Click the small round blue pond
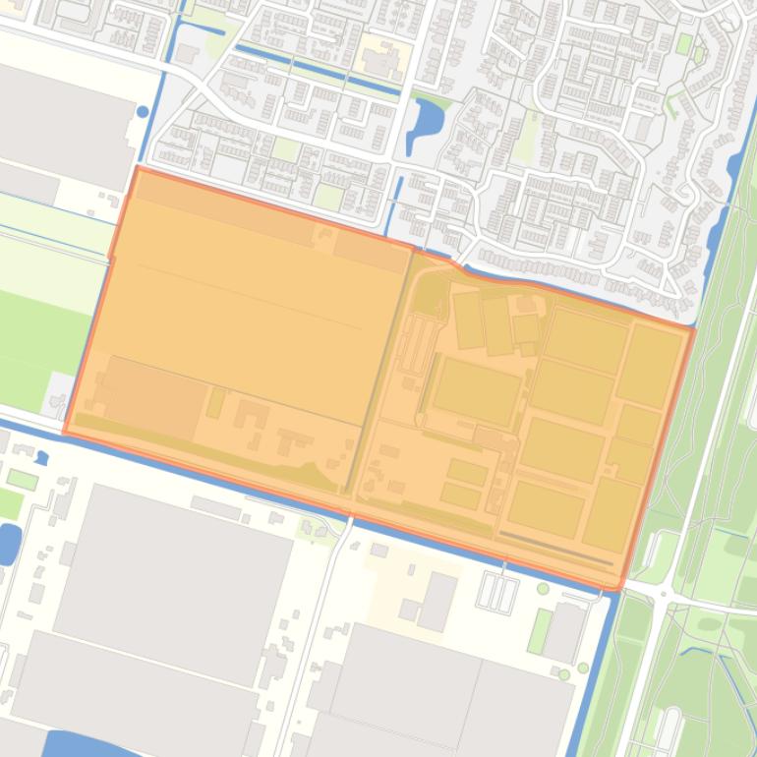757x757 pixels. [144, 112]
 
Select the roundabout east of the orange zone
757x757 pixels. [665, 594]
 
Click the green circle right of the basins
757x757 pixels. [543, 589]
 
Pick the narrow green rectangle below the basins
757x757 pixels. [539, 630]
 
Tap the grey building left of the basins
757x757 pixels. [438, 600]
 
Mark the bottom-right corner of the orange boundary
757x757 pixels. [619, 588]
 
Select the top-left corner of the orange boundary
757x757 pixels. [136, 168]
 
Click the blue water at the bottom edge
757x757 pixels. [88, 745]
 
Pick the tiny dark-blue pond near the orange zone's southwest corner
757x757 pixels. [41, 457]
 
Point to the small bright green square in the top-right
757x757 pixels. [684, 43]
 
